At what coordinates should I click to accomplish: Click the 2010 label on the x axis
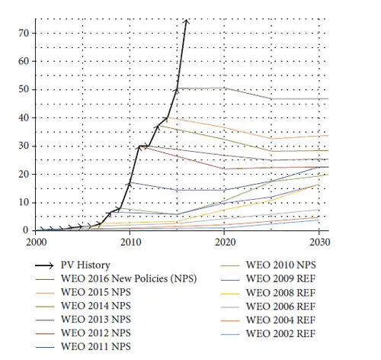coord(130,241)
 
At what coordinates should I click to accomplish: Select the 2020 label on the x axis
coord(225,241)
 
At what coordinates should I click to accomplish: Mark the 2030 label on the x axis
coord(319,241)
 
